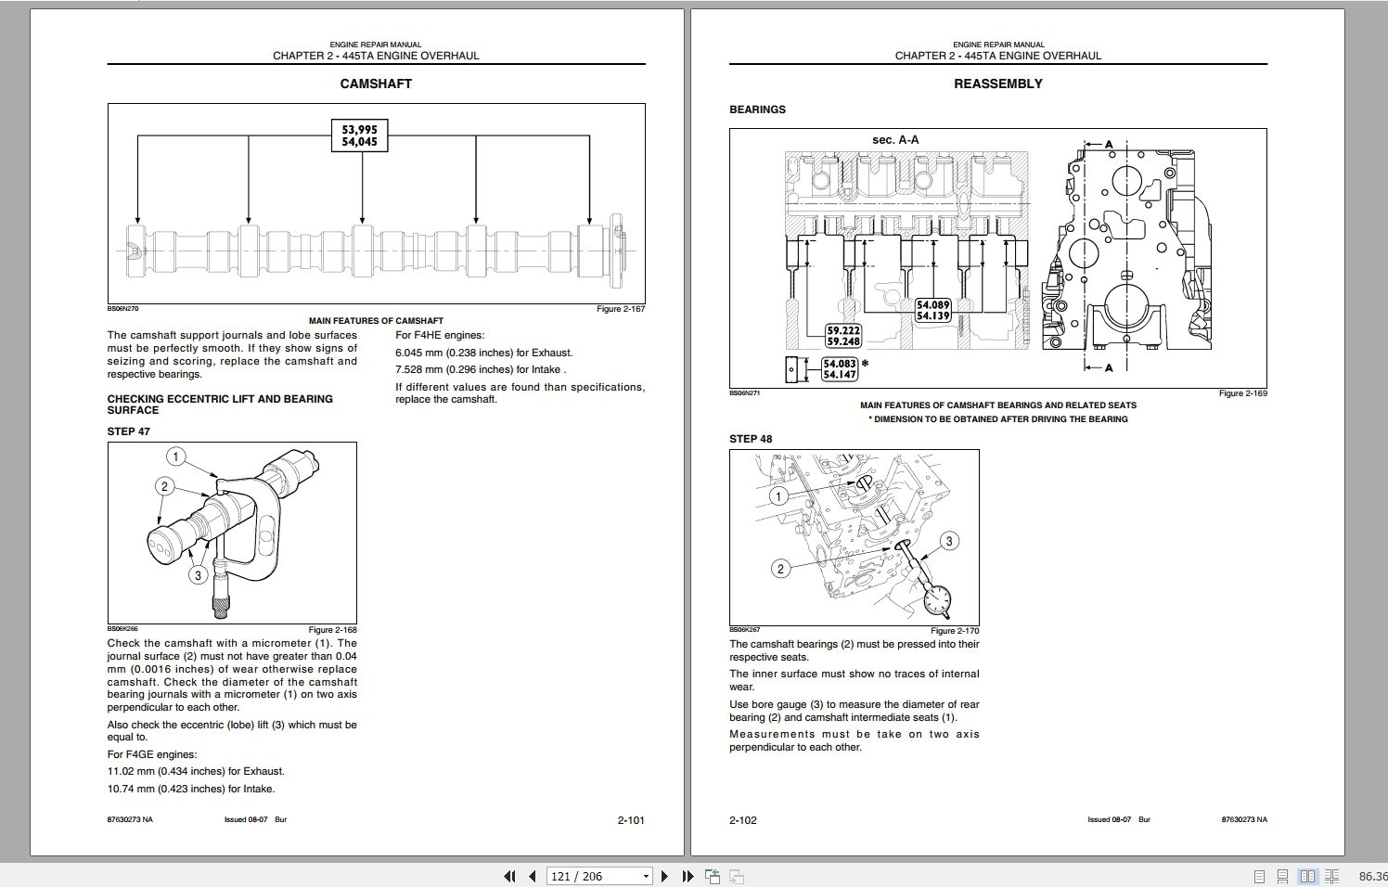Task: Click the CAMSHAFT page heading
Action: (376, 84)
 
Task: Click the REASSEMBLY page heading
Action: (997, 84)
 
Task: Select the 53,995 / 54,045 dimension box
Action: (359, 135)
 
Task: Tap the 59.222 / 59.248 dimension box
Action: (843, 336)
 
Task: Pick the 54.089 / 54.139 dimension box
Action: (932, 311)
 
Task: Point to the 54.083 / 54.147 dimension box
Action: (839, 369)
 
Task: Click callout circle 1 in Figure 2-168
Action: (176, 456)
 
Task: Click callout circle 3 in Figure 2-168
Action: (198, 575)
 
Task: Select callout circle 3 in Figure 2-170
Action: (948, 541)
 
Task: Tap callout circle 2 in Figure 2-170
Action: (780, 569)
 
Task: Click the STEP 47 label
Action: (128, 431)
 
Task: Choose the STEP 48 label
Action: (751, 439)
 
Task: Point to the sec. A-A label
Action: (895, 140)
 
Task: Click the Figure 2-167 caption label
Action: (620, 309)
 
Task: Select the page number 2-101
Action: (631, 820)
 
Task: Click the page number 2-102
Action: (743, 820)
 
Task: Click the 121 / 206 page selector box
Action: (599, 877)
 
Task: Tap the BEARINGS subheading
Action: (757, 109)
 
